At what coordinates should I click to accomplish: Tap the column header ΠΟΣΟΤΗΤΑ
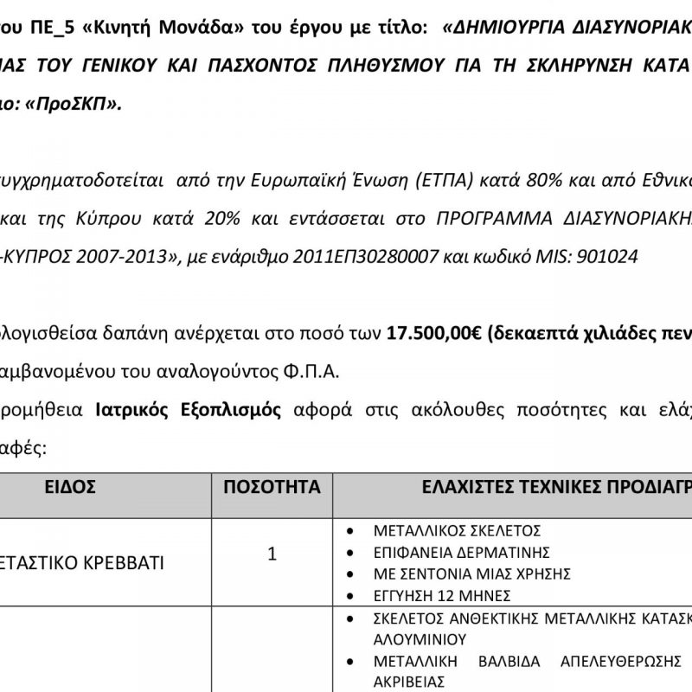tap(272, 487)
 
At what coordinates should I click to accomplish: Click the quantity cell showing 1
tap(272, 554)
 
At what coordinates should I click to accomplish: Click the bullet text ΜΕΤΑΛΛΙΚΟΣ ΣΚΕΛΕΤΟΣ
tap(457, 530)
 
